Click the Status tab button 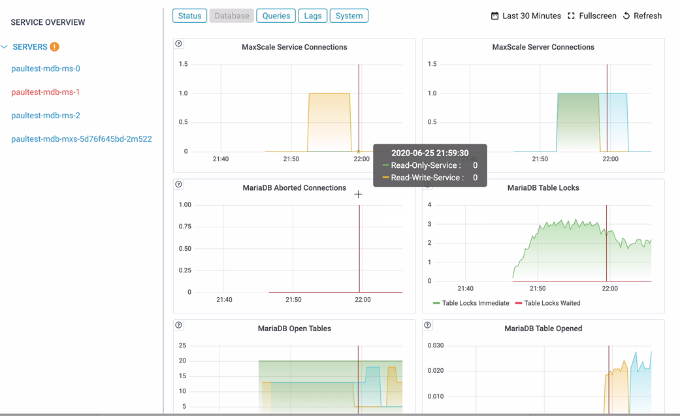click(189, 16)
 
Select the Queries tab click(276, 16)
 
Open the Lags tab click(313, 16)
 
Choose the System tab click(349, 16)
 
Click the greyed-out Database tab click(232, 16)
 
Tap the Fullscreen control click(592, 16)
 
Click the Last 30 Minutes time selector click(526, 16)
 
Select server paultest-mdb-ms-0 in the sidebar click(46, 69)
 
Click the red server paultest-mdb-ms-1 click(46, 92)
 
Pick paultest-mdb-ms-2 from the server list click(46, 116)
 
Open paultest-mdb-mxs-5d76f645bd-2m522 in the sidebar click(82, 139)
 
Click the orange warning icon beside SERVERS click(55, 47)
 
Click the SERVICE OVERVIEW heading click(48, 22)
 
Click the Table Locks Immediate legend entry click(470, 303)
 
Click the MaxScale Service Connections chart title click(294, 47)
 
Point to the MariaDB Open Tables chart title click(294, 328)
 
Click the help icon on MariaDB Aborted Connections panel click(179, 185)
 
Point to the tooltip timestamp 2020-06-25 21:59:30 click(430, 153)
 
